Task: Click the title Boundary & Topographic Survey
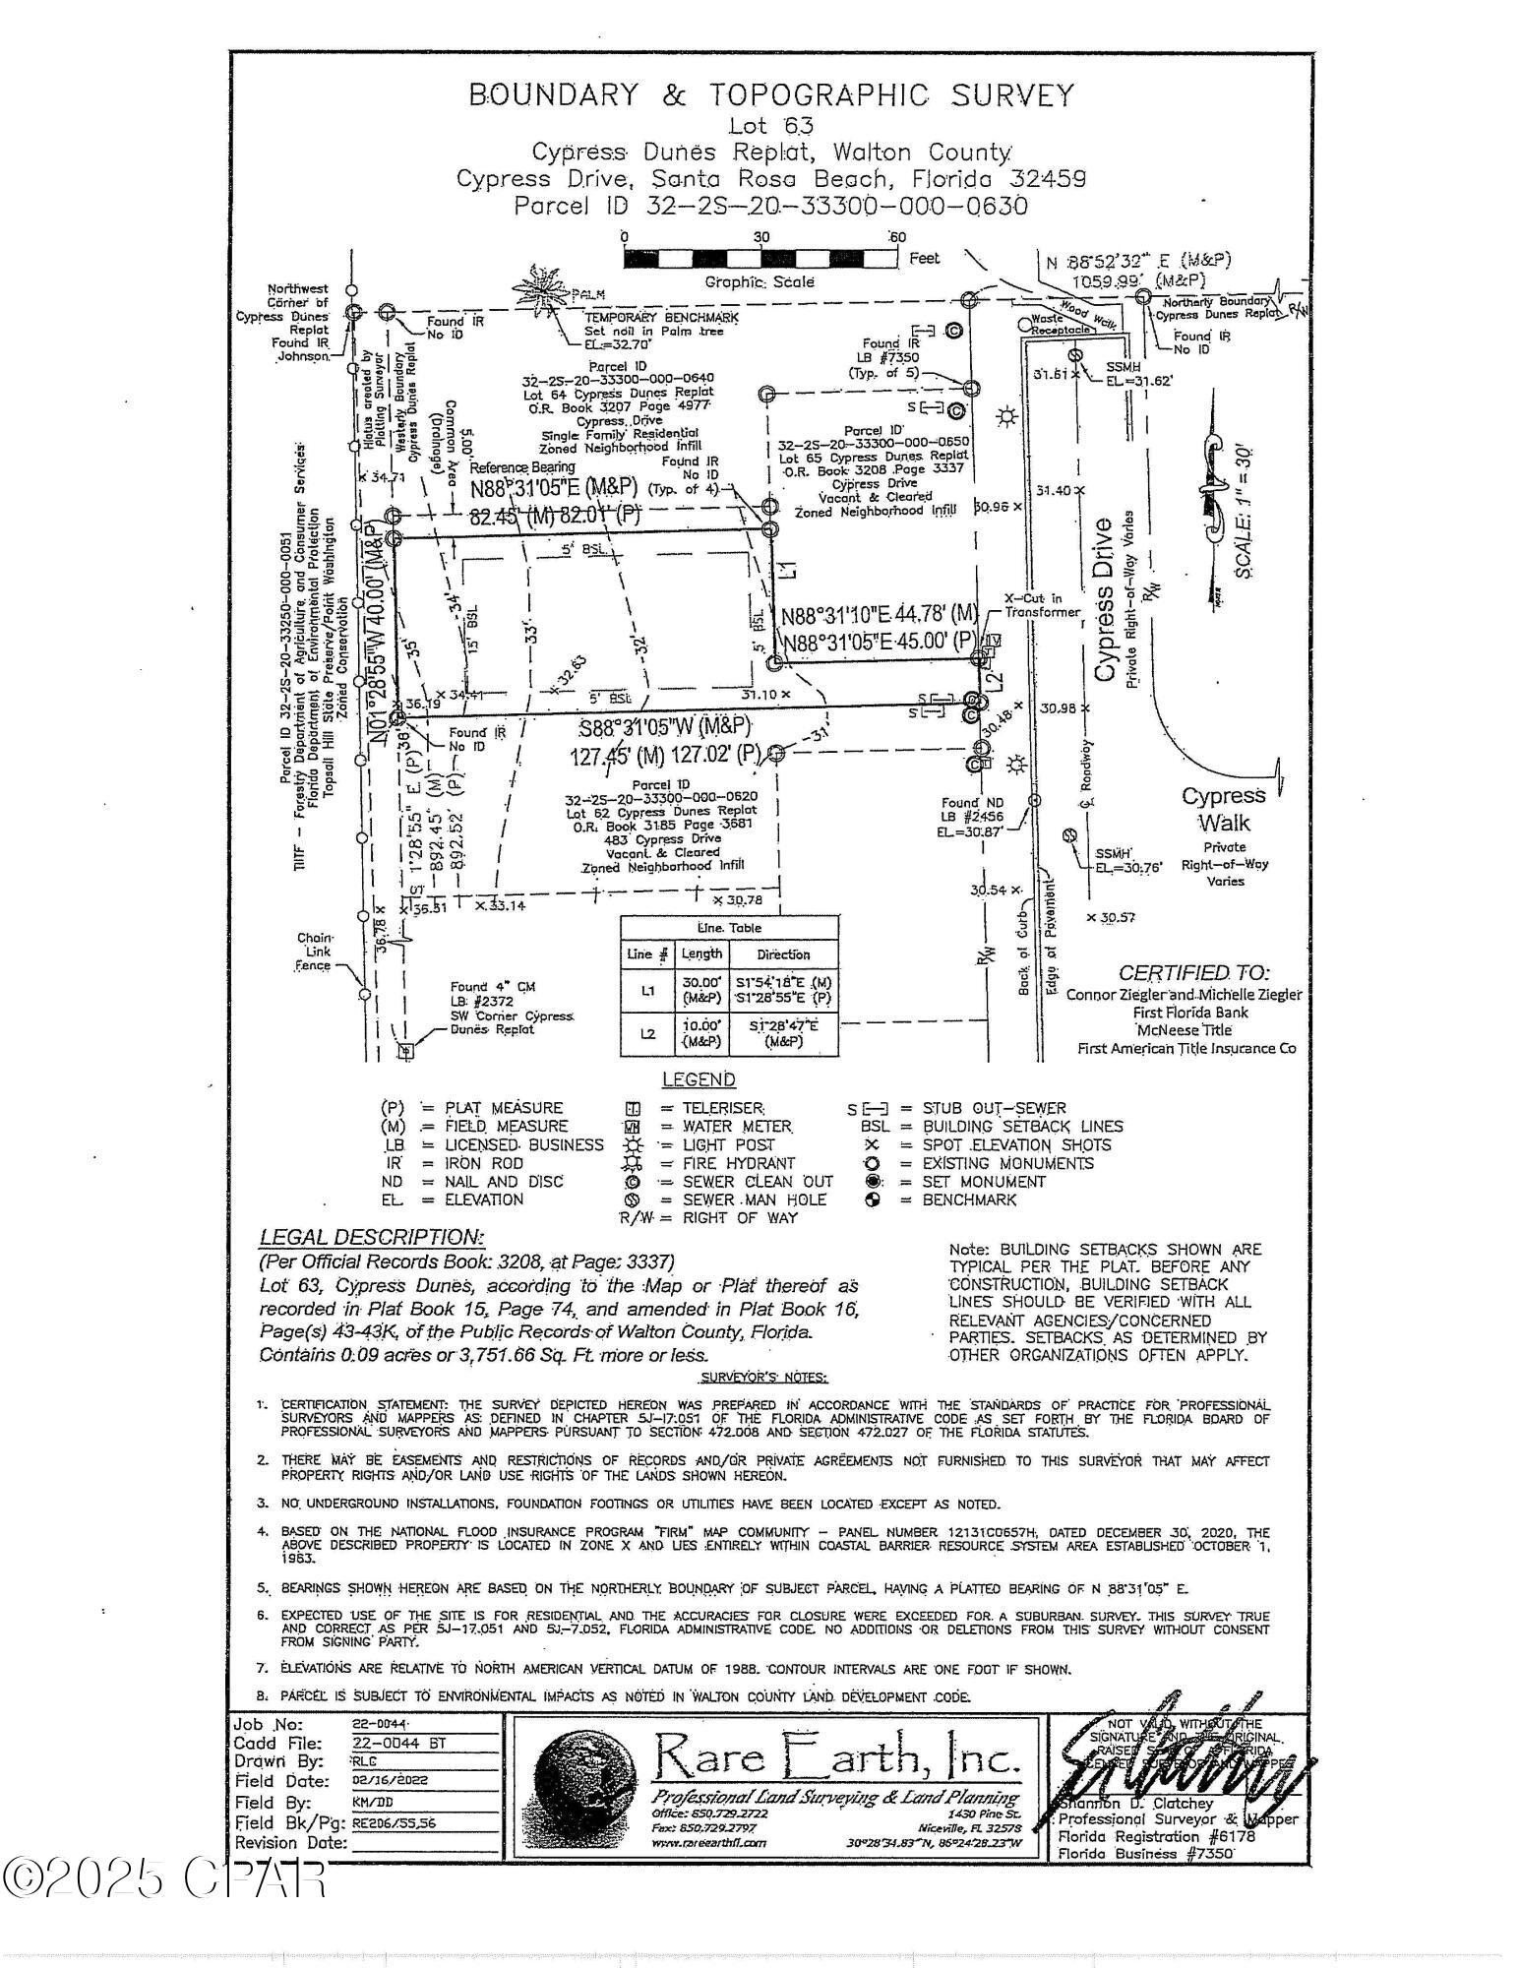[x=771, y=95]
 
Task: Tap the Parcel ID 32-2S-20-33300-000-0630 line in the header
[x=771, y=207]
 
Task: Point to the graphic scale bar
[x=760, y=259]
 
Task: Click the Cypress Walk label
[x=1223, y=809]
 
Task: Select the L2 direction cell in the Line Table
[x=783, y=1033]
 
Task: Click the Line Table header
[x=729, y=928]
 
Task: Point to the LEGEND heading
[x=699, y=1079]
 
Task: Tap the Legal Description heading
[x=371, y=1237]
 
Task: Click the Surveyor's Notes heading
[x=763, y=1378]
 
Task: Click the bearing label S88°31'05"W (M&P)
[x=664, y=728]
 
